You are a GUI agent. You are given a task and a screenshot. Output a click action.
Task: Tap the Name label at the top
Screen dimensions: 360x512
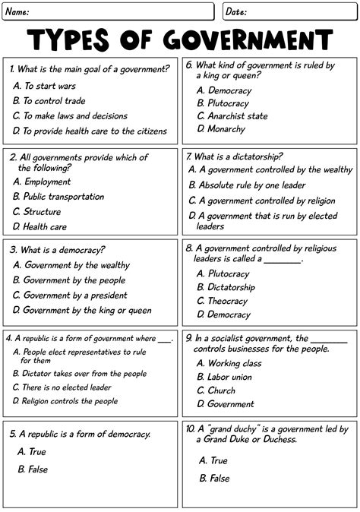[x=19, y=11]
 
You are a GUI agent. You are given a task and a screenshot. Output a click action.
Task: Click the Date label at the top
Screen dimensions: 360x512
[x=236, y=11]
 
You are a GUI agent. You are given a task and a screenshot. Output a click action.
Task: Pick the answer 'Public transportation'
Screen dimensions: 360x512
[x=64, y=197]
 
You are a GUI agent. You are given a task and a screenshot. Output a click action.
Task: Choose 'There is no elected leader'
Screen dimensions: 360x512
[x=66, y=387]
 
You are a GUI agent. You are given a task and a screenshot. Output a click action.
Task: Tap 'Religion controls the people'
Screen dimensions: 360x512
[x=69, y=401]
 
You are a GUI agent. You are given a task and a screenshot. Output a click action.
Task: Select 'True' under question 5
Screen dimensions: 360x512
[x=37, y=452]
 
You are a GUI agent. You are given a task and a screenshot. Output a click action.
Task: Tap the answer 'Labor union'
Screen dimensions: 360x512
[x=229, y=377]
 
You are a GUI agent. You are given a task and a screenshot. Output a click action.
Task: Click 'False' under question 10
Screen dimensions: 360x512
[x=219, y=479]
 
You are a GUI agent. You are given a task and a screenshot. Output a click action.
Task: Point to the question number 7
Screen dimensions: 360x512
[x=189, y=156]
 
